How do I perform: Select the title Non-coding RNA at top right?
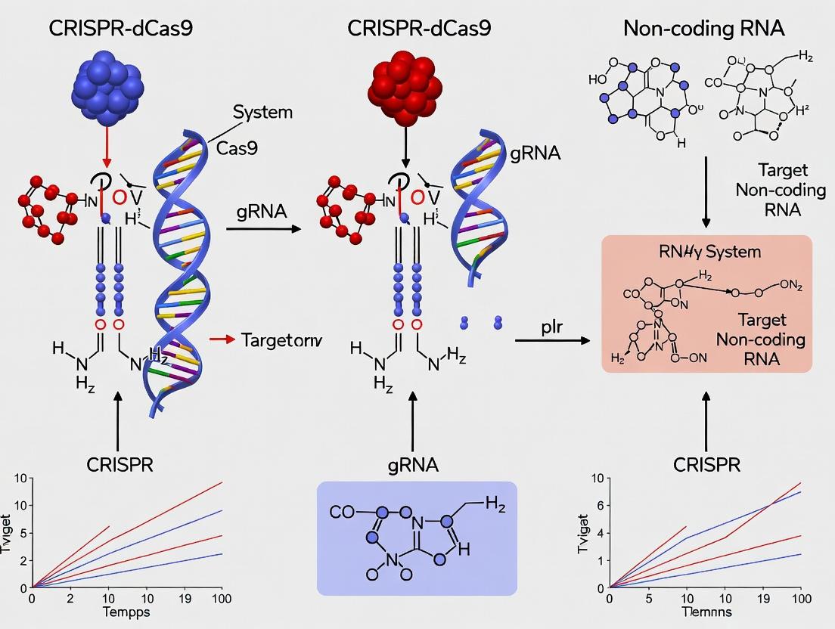coord(703,29)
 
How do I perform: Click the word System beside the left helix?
coord(262,113)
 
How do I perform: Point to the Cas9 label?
coord(237,147)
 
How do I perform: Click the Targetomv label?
coord(282,339)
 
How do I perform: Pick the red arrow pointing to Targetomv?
coord(220,339)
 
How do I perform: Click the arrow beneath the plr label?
coord(552,341)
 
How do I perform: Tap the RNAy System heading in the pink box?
coord(706,251)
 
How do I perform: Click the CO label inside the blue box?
coord(342,512)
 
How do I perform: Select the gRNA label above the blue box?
coord(412,465)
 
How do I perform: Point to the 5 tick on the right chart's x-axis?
coord(649,598)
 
